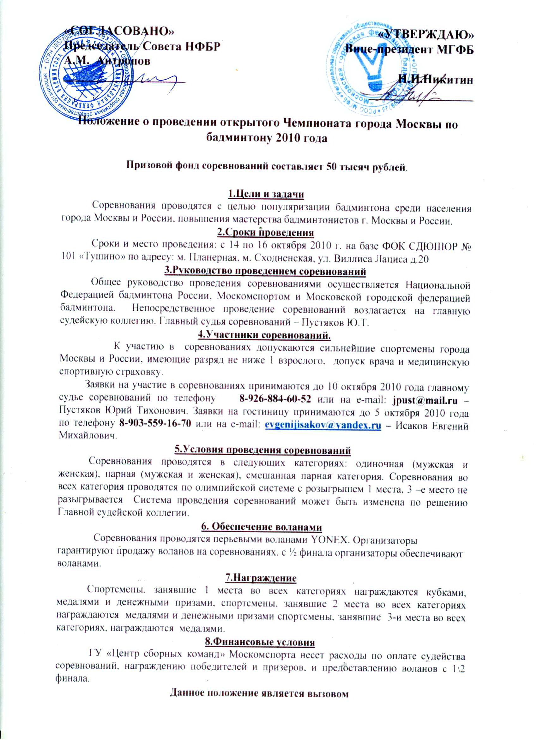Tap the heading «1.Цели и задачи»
coord(265,194)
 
